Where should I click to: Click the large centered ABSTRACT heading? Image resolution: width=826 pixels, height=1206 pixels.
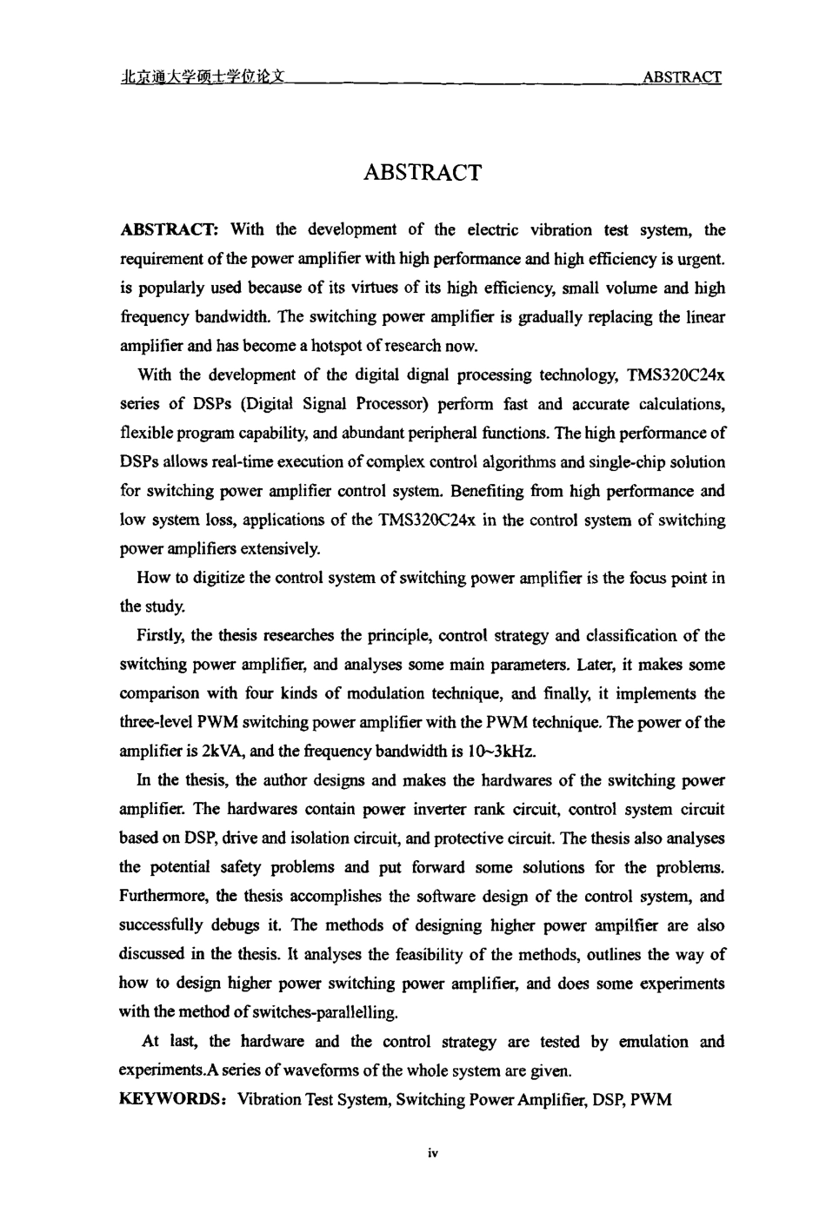[x=422, y=172]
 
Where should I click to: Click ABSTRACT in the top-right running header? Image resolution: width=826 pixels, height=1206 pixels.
[x=681, y=77]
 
